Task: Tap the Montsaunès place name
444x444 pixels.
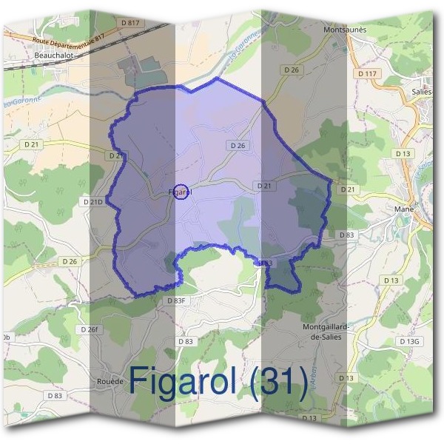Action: [x=346, y=30]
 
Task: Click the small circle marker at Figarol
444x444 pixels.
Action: [x=181, y=192]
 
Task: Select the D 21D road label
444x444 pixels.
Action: [x=93, y=201]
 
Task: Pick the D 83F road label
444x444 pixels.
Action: [x=176, y=300]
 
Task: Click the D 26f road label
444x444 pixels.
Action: [x=89, y=329]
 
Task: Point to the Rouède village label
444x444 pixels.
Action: [x=110, y=381]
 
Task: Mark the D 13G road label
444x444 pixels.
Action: [x=408, y=341]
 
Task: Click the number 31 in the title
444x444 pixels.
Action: [x=277, y=381]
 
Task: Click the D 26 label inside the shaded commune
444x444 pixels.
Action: [x=237, y=146]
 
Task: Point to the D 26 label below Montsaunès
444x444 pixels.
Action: [x=292, y=70]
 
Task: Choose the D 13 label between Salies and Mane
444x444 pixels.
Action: [x=403, y=153]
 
